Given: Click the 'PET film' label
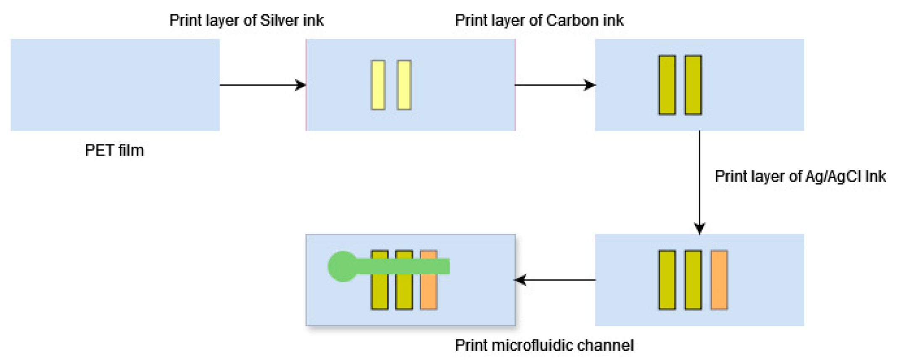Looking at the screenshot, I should point(114,151).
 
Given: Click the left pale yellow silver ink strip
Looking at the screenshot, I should point(378,85).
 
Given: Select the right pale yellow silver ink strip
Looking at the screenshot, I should point(404,85).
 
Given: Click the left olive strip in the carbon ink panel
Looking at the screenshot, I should point(667,85).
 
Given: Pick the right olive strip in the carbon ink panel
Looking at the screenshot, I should point(693,85).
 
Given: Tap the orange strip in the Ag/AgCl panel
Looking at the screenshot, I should point(719,280).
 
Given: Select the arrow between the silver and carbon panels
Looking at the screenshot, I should point(555,85).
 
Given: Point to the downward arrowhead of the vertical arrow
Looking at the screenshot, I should point(699,229).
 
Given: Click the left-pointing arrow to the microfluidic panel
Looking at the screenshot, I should point(555,280).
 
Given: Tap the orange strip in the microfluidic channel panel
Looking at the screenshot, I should point(429,292).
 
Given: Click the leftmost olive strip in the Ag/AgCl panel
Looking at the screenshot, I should point(667,280).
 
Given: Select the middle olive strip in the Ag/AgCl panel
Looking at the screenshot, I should point(693,280).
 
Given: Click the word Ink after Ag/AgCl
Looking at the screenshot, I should point(876,176).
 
